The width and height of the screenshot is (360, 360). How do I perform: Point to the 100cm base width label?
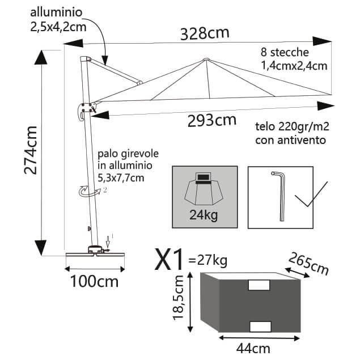(x=95, y=281)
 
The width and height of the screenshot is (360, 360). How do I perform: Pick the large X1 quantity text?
(x=170, y=261)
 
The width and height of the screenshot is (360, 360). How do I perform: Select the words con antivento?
(x=291, y=139)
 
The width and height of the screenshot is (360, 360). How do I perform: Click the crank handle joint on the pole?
(x=86, y=108)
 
